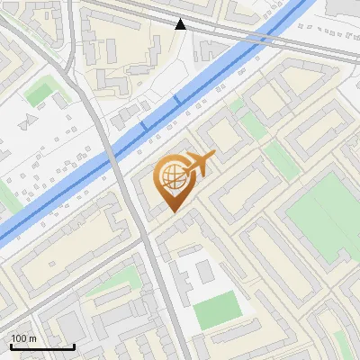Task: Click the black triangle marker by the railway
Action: click(x=181, y=24)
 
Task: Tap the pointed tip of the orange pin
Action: click(x=174, y=211)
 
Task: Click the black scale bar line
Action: click(x=42, y=346)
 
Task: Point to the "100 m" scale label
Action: click(x=25, y=338)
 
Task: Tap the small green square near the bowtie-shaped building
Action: click(x=39, y=93)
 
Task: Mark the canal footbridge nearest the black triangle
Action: click(x=176, y=99)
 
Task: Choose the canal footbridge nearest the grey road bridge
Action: click(x=143, y=127)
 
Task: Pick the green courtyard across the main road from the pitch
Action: click(x=117, y=287)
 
